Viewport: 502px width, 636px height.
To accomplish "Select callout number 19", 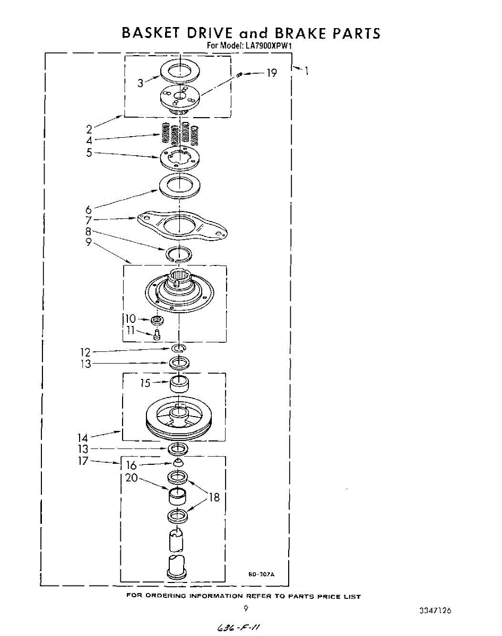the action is tap(271, 73).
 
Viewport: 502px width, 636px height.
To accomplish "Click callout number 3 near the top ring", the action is tap(140, 83).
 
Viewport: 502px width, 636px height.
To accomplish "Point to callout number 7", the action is tap(88, 220).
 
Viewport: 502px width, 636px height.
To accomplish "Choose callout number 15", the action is tap(145, 383).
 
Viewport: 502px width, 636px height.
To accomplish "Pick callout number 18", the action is tap(214, 497).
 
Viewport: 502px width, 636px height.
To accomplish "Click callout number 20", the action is tap(132, 478).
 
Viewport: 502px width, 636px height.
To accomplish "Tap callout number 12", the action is tap(85, 352).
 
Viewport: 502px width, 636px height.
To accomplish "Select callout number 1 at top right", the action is tap(307, 70).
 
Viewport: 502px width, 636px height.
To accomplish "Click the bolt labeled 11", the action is tap(157, 335).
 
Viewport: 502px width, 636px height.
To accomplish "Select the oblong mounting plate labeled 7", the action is tap(180, 225).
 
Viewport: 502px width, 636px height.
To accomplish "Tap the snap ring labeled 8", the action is tap(179, 254).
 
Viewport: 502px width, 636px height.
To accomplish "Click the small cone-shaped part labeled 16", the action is tap(179, 462).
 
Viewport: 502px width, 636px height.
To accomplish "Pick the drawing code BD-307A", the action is tap(261, 574).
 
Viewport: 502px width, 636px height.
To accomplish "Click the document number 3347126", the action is tap(435, 611).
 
